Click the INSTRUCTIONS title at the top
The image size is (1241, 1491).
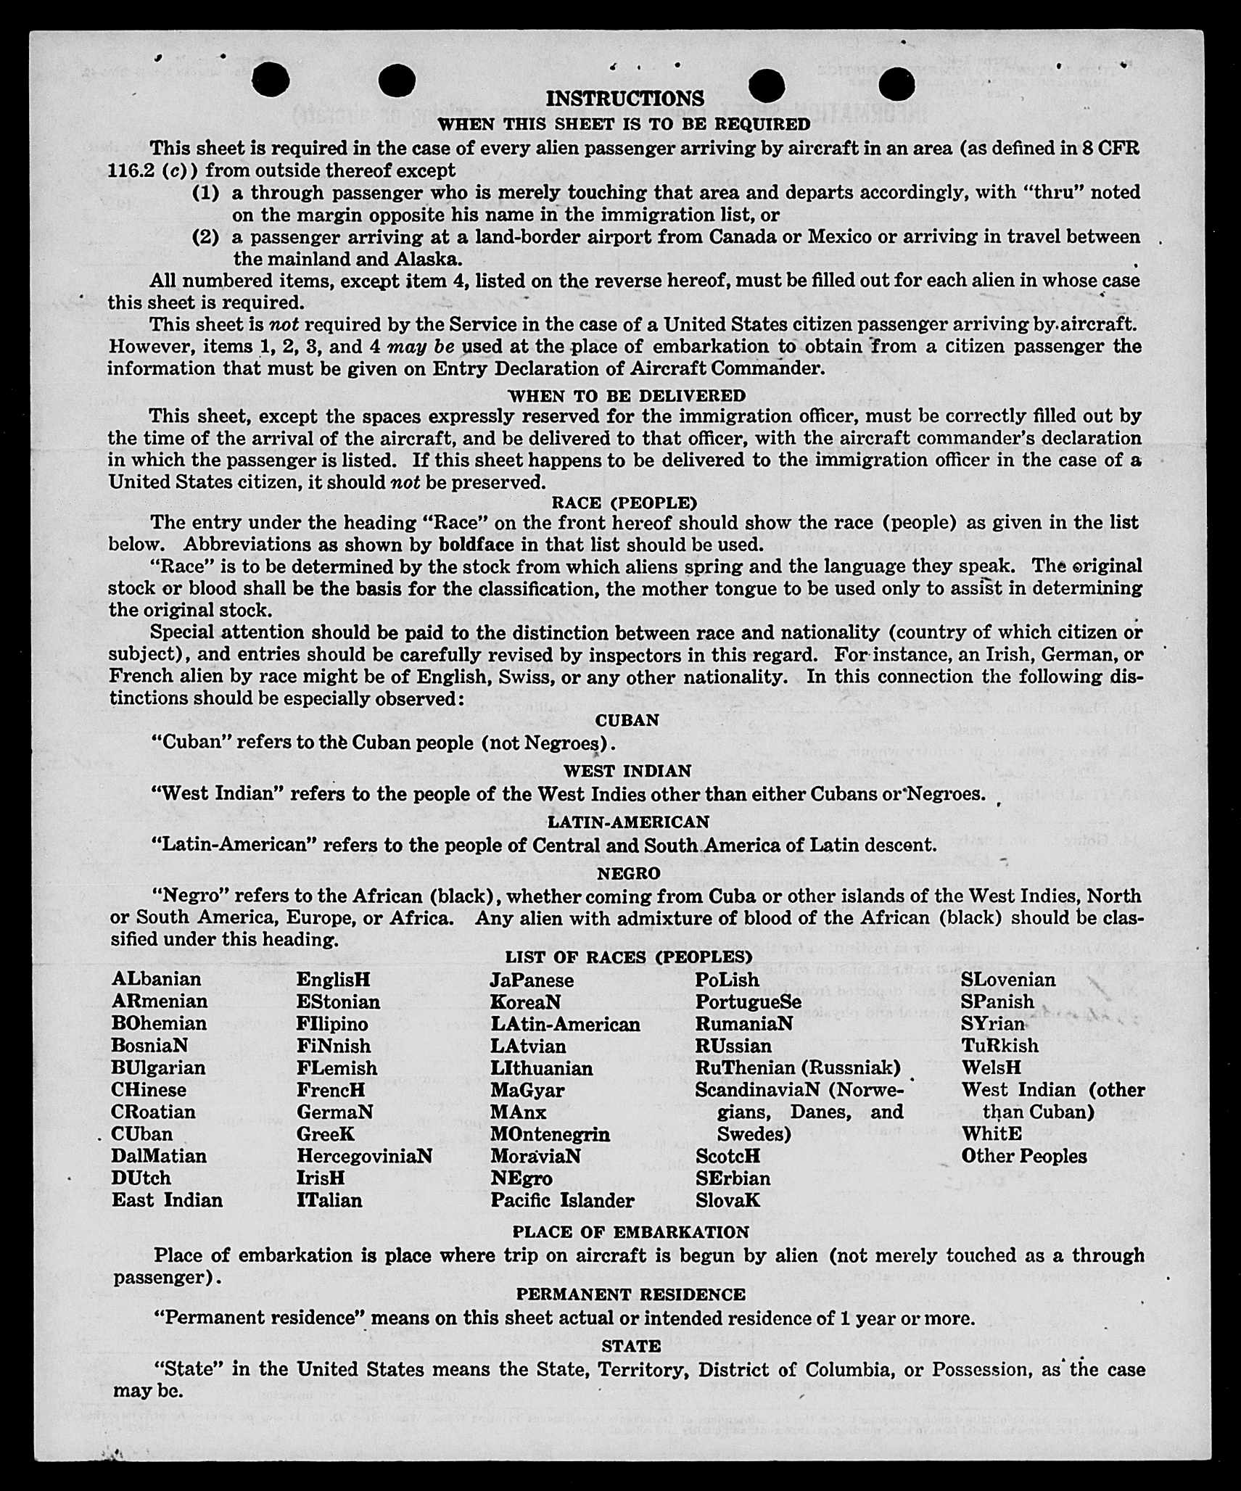[624, 99]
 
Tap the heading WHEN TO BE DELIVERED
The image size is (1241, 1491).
[627, 396]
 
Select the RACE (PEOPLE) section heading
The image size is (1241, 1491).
[624, 503]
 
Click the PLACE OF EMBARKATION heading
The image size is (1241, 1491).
[630, 1232]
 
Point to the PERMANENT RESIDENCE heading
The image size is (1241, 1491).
[630, 1294]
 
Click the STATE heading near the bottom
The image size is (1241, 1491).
[631, 1346]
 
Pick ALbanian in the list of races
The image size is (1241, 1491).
[156, 979]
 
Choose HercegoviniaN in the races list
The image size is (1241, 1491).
[364, 1156]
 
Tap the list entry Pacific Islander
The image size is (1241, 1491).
[562, 1200]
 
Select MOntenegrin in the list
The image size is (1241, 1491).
[550, 1134]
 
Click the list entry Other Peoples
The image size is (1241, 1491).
[1023, 1156]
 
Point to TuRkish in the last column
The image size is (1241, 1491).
[999, 1046]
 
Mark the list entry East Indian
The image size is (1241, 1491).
[167, 1200]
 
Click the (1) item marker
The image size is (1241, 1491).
[205, 193]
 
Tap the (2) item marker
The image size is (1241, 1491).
[205, 237]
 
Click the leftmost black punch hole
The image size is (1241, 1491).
[272, 79]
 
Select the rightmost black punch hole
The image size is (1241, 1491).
[896, 85]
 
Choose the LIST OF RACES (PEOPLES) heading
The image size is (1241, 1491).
[629, 957]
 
